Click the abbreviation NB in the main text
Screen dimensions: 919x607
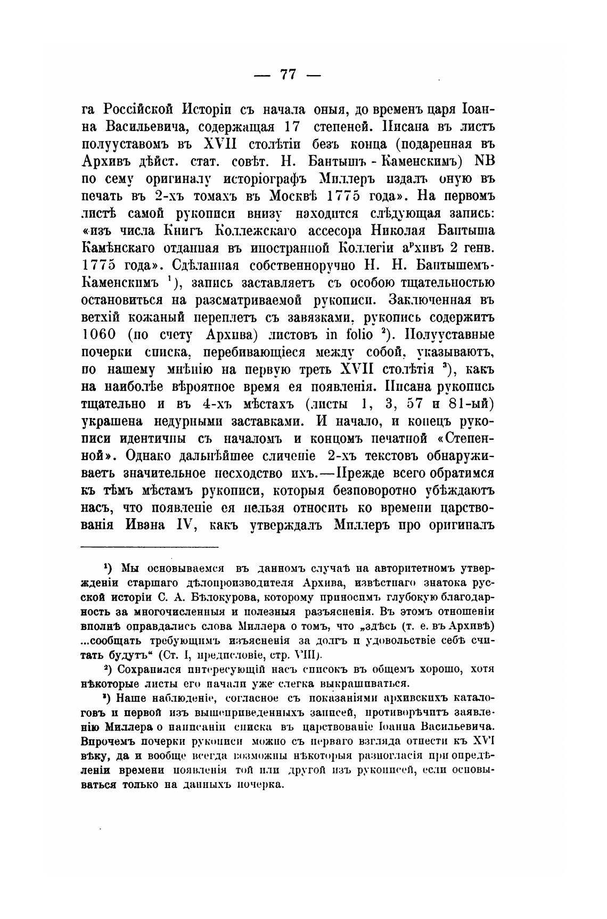(x=485, y=161)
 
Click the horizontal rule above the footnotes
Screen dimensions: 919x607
(x=150, y=547)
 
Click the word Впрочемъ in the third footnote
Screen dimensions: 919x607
(x=107, y=741)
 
